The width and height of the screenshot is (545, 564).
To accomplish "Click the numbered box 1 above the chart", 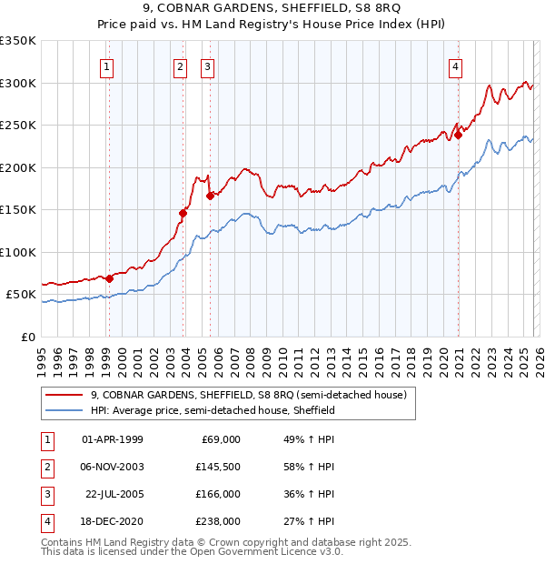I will pyautogui.click(x=107, y=65).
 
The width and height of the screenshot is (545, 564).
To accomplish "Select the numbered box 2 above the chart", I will pyautogui.click(x=180, y=65).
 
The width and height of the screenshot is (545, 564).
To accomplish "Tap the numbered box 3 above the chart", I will pyautogui.click(x=207, y=65).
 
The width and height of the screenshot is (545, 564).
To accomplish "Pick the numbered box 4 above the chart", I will pyautogui.click(x=454, y=65).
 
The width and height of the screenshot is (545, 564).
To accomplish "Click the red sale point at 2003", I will pyautogui.click(x=183, y=213).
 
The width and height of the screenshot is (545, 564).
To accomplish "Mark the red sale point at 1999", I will pyautogui.click(x=109, y=278).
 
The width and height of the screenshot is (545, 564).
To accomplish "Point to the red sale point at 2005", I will pyautogui.click(x=210, y=195).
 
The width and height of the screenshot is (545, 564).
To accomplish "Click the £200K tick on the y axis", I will pyautogui.click(x=18, y=167).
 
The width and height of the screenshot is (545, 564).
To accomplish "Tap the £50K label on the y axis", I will pyautogui.click(x=21, y=295).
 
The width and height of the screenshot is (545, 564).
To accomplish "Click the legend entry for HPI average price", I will pyautogui.click(x=213, y=410).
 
